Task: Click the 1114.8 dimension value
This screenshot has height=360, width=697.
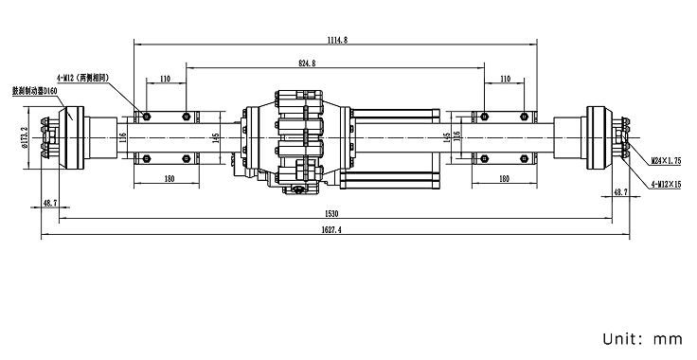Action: point(336,39)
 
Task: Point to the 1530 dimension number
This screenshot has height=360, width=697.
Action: point(333,213)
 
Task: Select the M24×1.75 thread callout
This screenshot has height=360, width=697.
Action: point(665,162)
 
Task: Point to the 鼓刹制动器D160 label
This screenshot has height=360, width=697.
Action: point(34,92)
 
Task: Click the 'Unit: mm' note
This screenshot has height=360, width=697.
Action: point(641,337)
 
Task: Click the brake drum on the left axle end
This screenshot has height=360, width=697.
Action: point(70,137)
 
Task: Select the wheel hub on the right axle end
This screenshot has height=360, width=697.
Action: point(599,137)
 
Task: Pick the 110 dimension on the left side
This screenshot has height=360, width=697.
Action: point(166,80)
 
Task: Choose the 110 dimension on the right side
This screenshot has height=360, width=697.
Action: point(505,80)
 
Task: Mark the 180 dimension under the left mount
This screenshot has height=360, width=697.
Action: point(170,179)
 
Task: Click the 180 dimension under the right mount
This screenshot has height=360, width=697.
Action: point(504,179)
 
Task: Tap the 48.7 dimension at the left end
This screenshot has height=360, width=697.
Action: point(50,203)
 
